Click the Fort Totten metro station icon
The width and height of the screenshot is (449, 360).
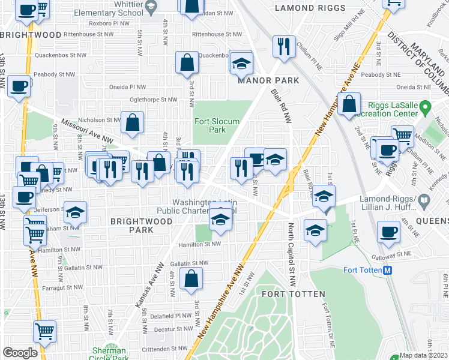(388, 270)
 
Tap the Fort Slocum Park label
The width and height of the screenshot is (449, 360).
(217, 125)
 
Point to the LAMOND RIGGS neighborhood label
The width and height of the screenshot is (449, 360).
(310, 8)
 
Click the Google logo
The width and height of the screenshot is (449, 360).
(20, 353)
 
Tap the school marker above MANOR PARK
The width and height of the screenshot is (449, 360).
(241, 62)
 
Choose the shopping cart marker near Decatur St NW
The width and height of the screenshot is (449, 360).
(45, 331)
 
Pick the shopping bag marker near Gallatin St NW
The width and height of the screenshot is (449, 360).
(191, 278)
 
